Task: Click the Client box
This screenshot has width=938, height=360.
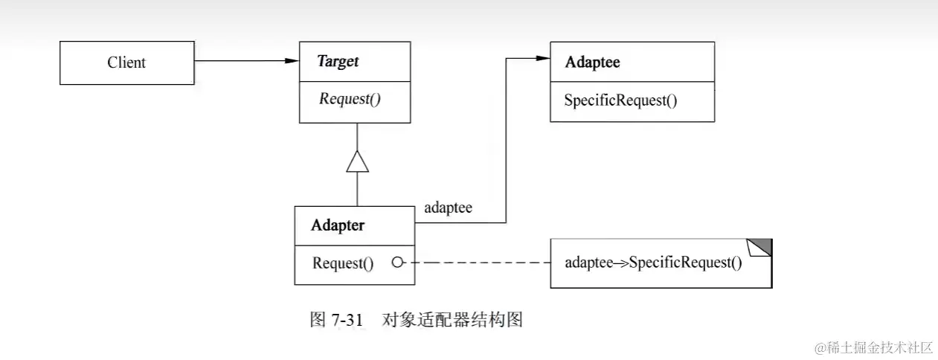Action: pyautogui.click(x=126, y=62)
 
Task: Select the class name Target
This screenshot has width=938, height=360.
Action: pyautogui.click(x=338, y=62)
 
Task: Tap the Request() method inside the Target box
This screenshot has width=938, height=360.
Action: pyautogui.click(x=350, y=99)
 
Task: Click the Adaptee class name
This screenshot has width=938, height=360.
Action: pyautogui.click(x=592, y=62)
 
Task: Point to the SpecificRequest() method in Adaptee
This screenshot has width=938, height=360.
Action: pyautogui.click(x=620, y=100)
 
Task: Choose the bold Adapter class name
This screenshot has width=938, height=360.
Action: pyautogui.click(x=338, y=225)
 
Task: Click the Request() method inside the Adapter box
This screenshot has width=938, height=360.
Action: pyautogui.click(x=343, y=263)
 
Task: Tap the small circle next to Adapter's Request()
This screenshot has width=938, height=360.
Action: pyautogui.click(x=397, y=263)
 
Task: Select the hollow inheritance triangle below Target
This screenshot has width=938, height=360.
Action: pyautogui.click(x=357, y=161)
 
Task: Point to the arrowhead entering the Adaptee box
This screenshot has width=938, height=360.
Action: pyautogui.click(x=542, y=58)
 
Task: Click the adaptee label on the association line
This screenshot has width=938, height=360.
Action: pyautogui.click(x=448, y=208)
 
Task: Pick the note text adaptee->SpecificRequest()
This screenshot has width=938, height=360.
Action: pyautogui.click(x=653, y=263)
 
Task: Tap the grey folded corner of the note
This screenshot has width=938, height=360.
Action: pyautogui.click(x=763, y=246)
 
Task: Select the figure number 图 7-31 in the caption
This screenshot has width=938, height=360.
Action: pyautogui.click(x=335, y=320)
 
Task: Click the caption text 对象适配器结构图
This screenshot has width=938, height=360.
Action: pyautogui.click(x=452, y=320)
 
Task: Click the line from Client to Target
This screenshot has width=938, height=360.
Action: pyautogui.click(x=238, y=61)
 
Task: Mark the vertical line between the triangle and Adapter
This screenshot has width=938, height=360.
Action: pyautogui.click(x=357, y=190)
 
